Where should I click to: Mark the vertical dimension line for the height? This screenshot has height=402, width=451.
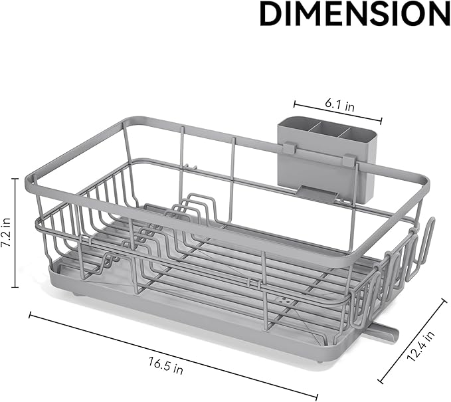click(x=15, y=232)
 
